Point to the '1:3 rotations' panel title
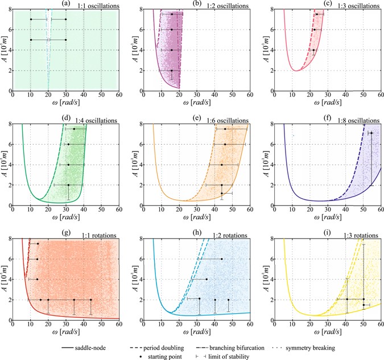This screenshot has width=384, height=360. click(351, 235)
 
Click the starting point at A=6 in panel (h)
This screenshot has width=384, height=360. click(222, 259)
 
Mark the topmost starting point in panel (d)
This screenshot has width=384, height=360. click(73, 129)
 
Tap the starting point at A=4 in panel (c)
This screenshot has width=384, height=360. click(313, 50)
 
